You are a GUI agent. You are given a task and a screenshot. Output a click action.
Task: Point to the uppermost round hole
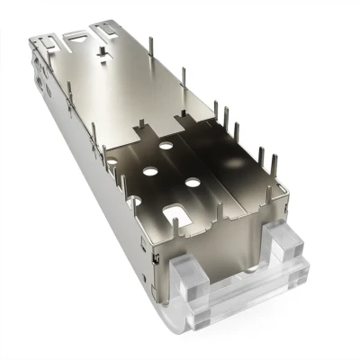click(x=166, y=143)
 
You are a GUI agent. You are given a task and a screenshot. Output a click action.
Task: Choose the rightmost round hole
click(x=193, y=183)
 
